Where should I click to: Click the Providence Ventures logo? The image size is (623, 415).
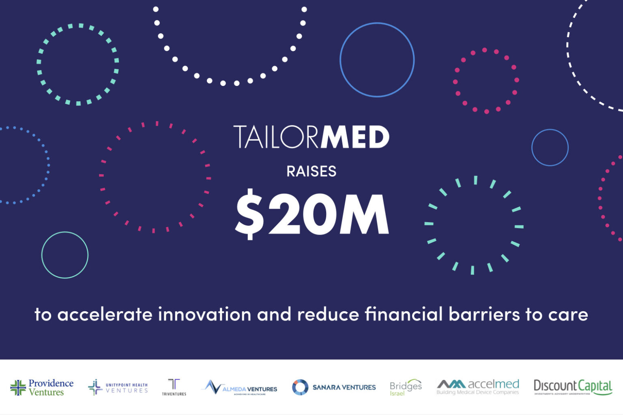pyautogui.click(x=42, y=387)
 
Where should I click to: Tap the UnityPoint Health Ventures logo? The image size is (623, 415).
pyautogui.click(x=118, y=387)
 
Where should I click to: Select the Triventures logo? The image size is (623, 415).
pyautogui.click(x=174, y=387)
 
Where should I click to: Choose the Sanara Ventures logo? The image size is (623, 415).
pyautogui.click(x=334, y=387)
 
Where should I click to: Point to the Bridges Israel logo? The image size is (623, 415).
pyautogui.click(x=406, y=387)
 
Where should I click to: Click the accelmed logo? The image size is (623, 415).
pyautogui.click(x=478, y=387)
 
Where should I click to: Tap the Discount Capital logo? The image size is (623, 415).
pyautogui.click(x=573, y=387)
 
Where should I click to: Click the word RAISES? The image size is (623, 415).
pyautogui.click(x=311, y=171)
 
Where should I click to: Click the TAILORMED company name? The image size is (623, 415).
pyautogui.click(x=311, y=137)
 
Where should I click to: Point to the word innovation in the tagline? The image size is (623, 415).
pyautogui.click(x=204, y=314)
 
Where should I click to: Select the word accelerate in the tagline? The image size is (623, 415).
pyautogui.click(x=105, y=314)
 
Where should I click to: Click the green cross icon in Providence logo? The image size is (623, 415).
pyautogui.click(x=18, y=388)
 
